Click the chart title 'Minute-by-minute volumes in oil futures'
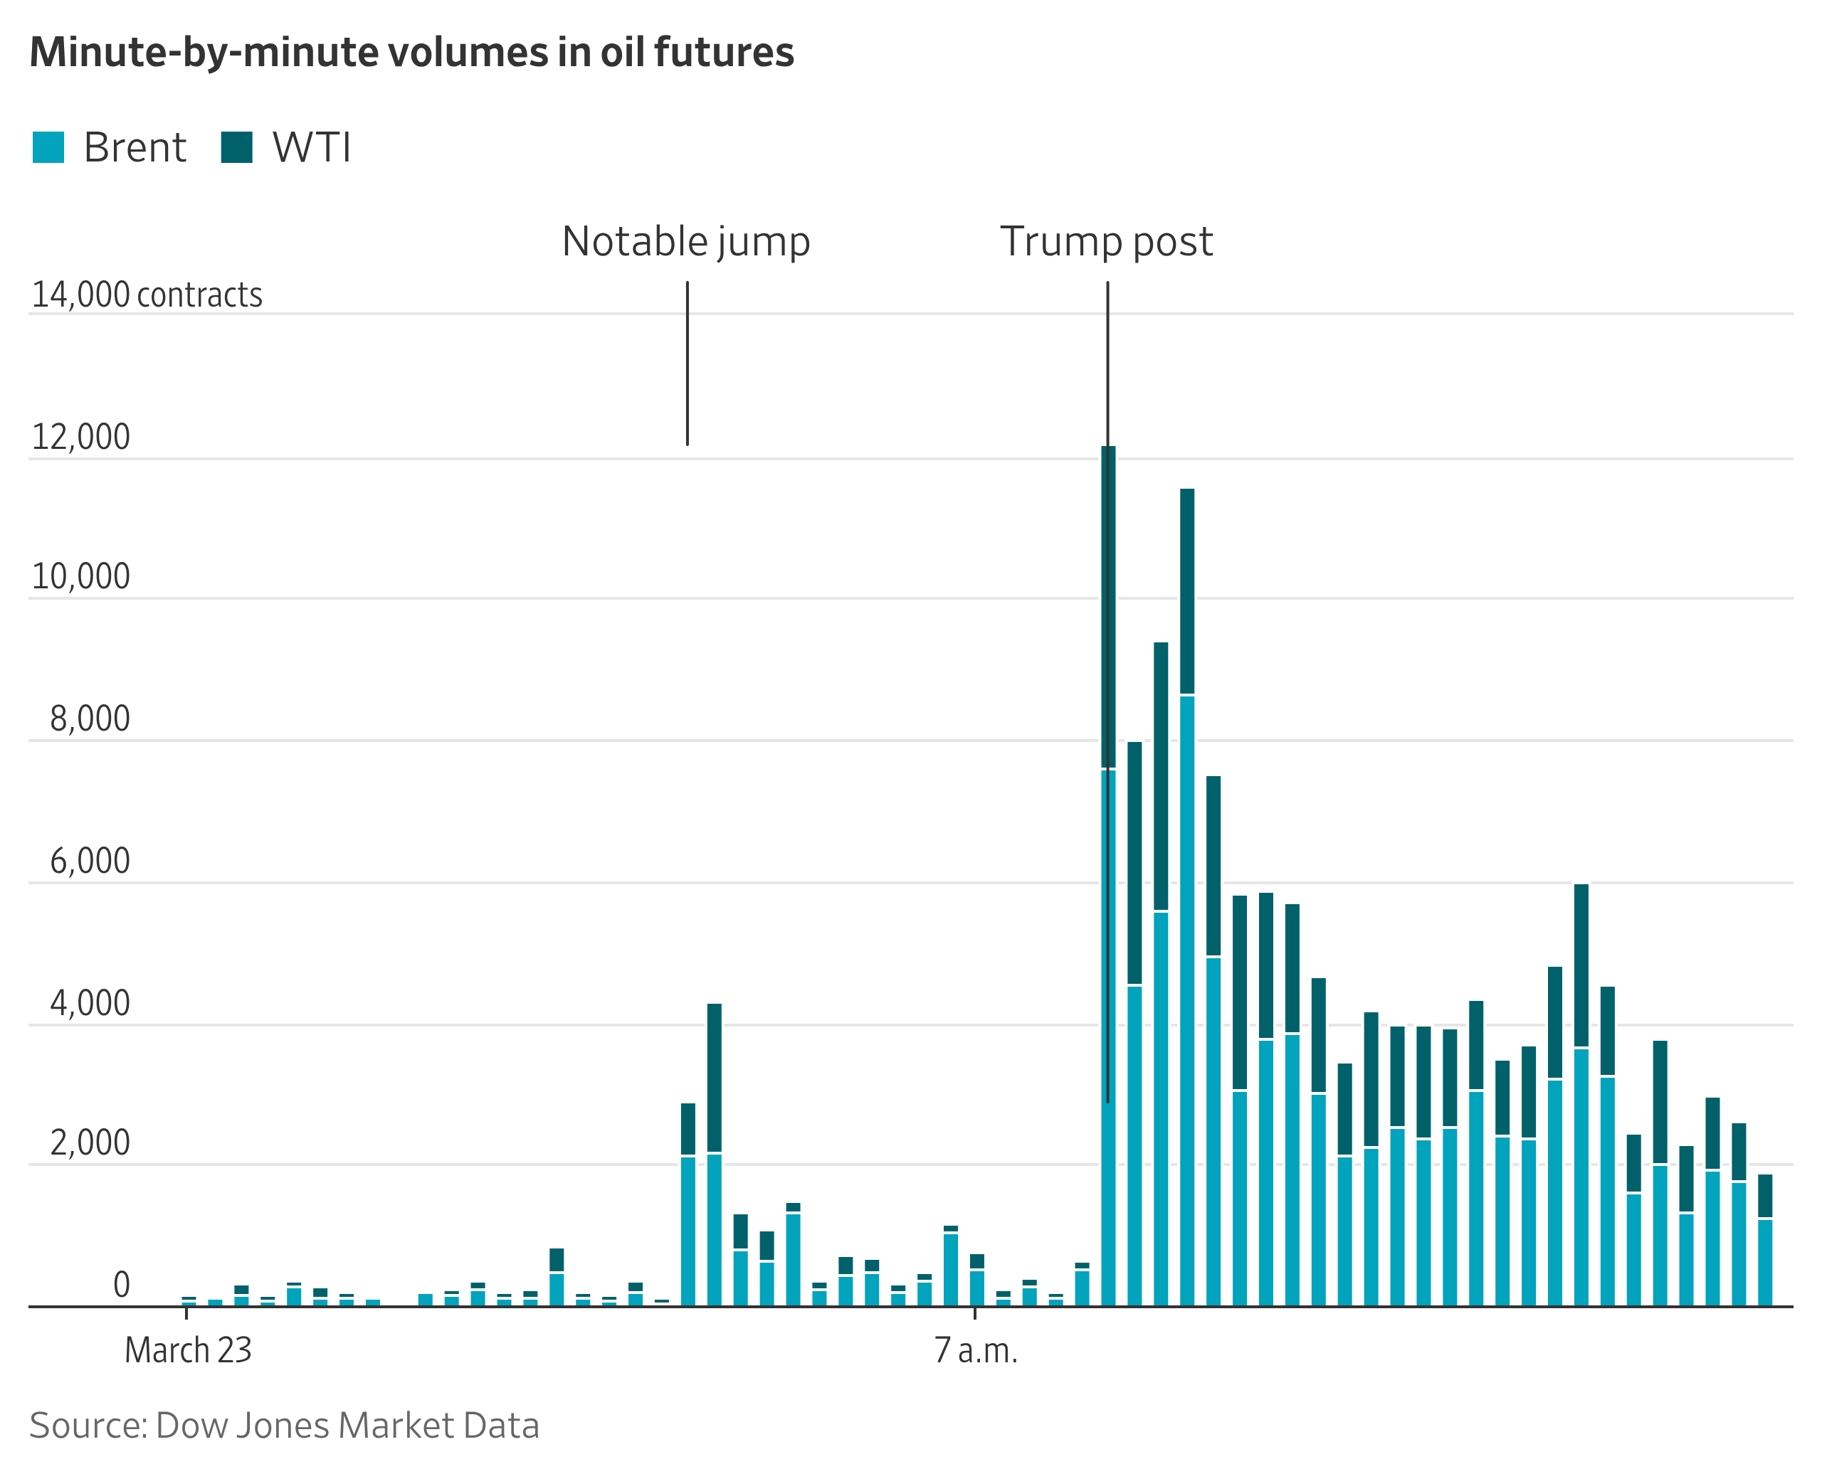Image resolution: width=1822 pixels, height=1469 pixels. point(411,53)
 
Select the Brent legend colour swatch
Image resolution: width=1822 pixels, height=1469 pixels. point(48,147)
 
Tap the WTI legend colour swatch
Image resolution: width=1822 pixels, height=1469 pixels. point(236,147)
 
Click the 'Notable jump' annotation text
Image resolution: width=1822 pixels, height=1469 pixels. point(686,242)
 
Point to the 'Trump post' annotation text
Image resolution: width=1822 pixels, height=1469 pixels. point(1106,242)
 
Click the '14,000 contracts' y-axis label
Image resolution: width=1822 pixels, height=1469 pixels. point(147,295)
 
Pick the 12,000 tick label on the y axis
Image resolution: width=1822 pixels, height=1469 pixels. point(80,437)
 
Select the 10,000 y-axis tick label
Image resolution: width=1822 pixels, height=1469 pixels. point(80,577)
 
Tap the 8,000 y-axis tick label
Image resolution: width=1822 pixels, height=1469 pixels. point(90,719)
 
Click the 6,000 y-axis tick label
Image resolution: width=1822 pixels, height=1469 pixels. point(90,861)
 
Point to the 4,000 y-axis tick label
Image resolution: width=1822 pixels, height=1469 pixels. point(90,1004)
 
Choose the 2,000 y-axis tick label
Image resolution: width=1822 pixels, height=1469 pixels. point(90,1143)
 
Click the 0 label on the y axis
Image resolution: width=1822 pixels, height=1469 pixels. point(121,1285)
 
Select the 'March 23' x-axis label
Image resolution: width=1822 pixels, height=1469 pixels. point(188,1350)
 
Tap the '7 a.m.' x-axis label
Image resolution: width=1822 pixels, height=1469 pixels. point(975,1350)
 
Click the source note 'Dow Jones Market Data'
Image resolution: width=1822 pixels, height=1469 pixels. point(285,1426)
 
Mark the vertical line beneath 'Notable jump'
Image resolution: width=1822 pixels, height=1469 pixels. point(688,364)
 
